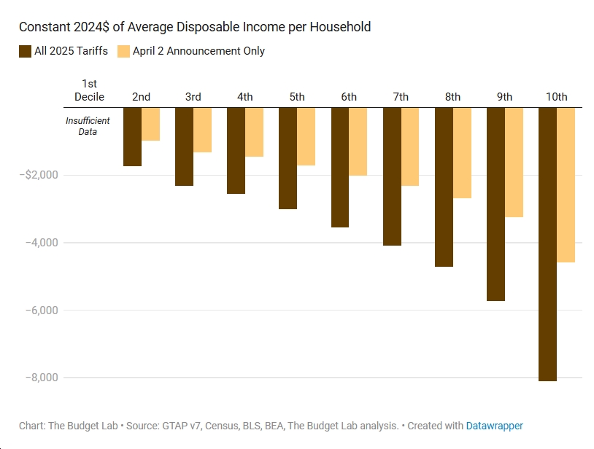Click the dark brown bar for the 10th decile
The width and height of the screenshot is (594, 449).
pyautogui.click(x=547, y=244)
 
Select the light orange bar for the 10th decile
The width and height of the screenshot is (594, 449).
pyautogui.click(x=566, y=185)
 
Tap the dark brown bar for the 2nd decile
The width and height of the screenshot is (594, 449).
pyautogui.click(x=132, y=137)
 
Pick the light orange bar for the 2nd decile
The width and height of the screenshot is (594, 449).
pyautogui.click(x=150, y=124)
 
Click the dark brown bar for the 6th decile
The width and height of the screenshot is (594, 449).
pyautogui.click(x=340, y=168)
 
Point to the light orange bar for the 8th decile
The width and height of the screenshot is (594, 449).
pyautogui.click(x=462, y=153)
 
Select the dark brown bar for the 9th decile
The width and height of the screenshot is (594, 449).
pyautogui.click(x=495, y=204)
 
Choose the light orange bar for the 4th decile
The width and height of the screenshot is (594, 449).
pyautogui.click(x=254, y=132)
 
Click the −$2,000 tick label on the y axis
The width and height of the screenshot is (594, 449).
pyautogui.click(x=40, y=175)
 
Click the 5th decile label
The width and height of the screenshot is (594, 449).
pyautogui.click(x=297, y=97)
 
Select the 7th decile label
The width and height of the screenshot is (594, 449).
pyautogui.click(x=401, y=97)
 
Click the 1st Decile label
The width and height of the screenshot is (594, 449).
pyautogui.click(x=89, y=90)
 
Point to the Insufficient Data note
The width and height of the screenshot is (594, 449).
pyautogui.click(x=88, y=126)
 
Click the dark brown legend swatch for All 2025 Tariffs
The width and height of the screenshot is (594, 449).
pyautogui.click(x=25, y=51)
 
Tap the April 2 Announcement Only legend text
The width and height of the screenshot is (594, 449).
pyautogui.click(x=198, y=51)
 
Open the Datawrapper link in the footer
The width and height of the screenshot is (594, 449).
pyautogui.click(x=494, y=426)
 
